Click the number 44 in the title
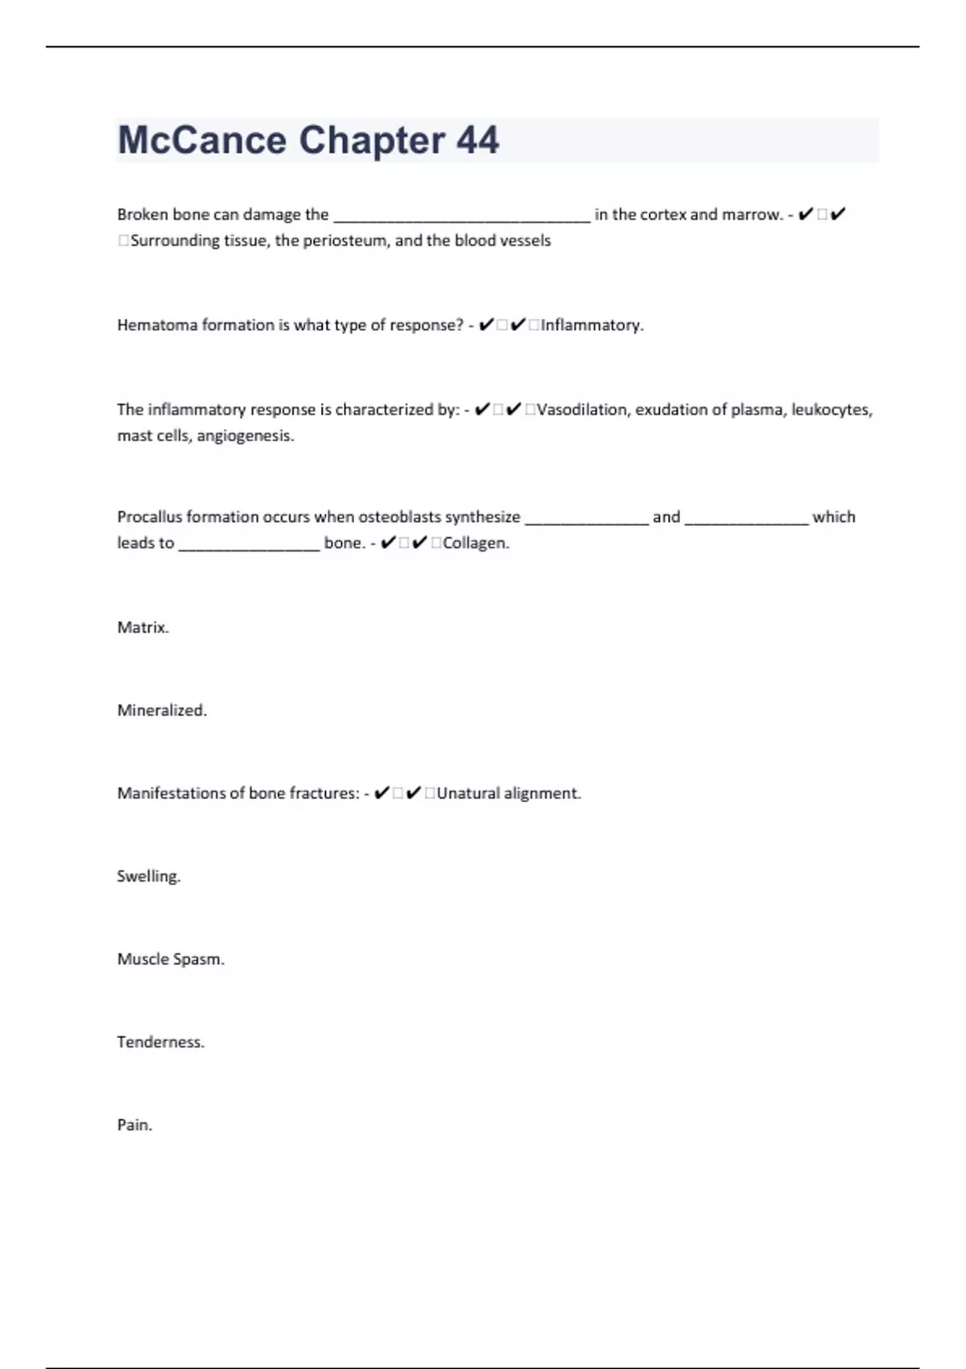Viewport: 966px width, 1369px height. point(478,141)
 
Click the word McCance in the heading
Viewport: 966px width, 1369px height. point(202,141)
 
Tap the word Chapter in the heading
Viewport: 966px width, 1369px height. point(371,141)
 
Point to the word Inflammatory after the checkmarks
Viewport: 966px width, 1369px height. point(591,325)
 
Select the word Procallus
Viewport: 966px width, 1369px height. point(150,517)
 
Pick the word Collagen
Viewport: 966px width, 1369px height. point(475,544)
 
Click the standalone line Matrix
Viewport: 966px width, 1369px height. point(142,627)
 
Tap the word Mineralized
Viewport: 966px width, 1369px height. point(162,710)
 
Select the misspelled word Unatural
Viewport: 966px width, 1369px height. point(468,793)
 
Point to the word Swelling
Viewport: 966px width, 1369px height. point(148,876)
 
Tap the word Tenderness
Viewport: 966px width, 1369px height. point(160,1042)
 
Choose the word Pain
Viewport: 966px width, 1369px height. point(134,1125)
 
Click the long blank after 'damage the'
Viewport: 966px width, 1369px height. point(461,216)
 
